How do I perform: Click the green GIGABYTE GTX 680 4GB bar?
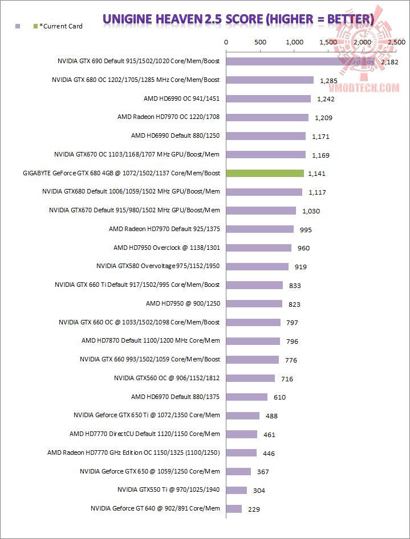(x=265, y=173)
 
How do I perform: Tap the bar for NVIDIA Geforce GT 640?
(x=234, y=508)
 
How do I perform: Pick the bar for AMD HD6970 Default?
(x=247, y=397)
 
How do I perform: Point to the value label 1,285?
(x=329, y=81)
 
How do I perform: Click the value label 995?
(x=306, y=229)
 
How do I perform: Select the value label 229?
(x=254, y=509)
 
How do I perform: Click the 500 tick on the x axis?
(x=260, y=42)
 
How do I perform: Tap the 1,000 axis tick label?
(x=294, y=42)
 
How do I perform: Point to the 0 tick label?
(x=226, y=42)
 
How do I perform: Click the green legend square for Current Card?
(x=36, y=26)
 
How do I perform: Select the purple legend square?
(x=18, y=26)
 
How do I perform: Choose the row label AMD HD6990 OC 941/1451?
(x=181, y=98)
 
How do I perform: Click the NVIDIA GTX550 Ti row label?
(x=168, y=489)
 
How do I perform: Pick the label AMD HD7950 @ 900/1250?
(x=182, y=303)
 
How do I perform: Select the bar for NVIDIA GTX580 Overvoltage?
(x=257, y=266)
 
